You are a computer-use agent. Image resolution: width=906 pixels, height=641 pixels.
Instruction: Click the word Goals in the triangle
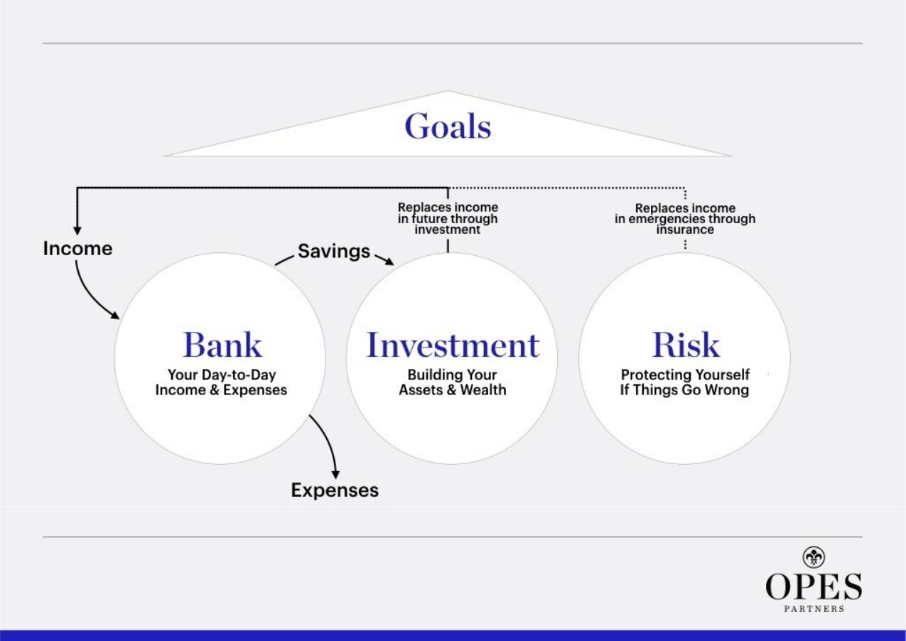tap(448, 127)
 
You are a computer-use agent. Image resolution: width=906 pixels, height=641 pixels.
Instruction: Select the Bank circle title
tap(222, 345)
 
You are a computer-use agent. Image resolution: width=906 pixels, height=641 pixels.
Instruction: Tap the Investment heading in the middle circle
tap(453, 345)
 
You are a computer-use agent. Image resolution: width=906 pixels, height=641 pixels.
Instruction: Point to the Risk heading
tap(686, 345)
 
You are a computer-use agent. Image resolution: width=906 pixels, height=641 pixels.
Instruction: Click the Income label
tap(77, 249)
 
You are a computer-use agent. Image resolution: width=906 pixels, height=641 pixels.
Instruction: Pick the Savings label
tap(333, 251)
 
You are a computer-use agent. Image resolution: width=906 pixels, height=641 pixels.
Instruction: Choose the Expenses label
tap(335, 490)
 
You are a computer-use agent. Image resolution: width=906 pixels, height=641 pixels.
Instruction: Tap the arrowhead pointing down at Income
tap(77, 229)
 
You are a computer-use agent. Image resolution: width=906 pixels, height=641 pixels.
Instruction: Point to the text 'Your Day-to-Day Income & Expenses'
tap(221, 382)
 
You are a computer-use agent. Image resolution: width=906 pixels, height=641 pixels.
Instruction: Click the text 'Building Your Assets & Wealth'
tap(452, 382)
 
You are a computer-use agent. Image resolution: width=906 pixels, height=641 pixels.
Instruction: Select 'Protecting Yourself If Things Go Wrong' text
tap(684, 382)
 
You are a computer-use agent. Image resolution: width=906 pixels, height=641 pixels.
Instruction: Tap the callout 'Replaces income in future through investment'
tap(448, 219)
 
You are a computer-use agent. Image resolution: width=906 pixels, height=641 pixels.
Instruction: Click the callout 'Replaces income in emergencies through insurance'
tap(685, 219)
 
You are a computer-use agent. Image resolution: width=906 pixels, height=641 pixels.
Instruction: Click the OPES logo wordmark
tap(813, 587)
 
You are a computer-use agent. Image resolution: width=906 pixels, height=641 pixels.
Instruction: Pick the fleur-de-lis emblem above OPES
tap(813, 557)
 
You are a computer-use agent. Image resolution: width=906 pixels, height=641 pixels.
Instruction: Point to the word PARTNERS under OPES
tap(813, 609)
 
